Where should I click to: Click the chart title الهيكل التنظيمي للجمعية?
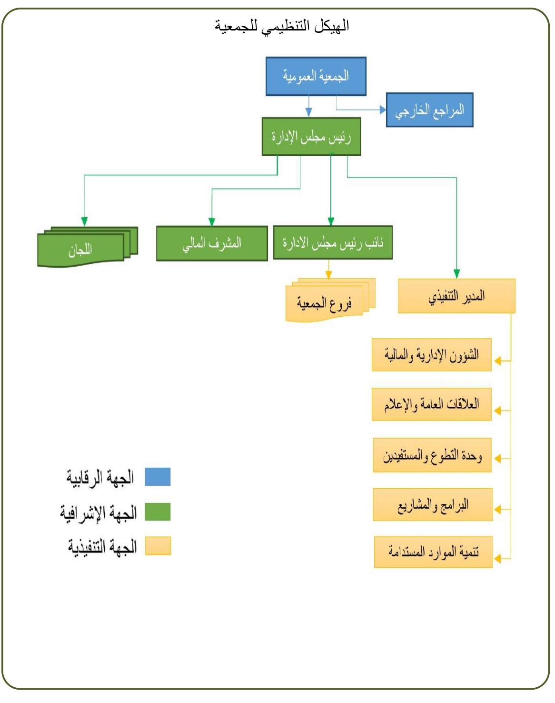pos(282,26)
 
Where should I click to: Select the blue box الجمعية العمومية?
pos(316,76)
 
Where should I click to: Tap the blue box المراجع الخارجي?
pos(429,110)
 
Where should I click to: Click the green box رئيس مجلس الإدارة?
pos(311,137)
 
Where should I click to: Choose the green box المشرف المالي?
pos(212,243)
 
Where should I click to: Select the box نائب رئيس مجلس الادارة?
pos(333,243)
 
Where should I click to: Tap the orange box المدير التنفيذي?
pos(456,296)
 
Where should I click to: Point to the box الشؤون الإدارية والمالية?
pos(431,355)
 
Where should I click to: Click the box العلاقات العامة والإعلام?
pos(431,404)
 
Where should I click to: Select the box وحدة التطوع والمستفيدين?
pos(432,456)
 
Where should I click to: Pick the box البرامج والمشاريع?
pos(433,505)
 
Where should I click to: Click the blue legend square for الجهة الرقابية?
pos(158,477)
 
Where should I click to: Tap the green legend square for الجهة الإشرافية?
pos(158,512)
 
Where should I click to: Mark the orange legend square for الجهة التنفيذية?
pos(158,546)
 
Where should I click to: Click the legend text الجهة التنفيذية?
pos(102,546)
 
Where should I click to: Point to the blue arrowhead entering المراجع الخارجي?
pos(383,110)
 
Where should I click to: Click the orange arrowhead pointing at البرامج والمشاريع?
pos(497,510)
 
